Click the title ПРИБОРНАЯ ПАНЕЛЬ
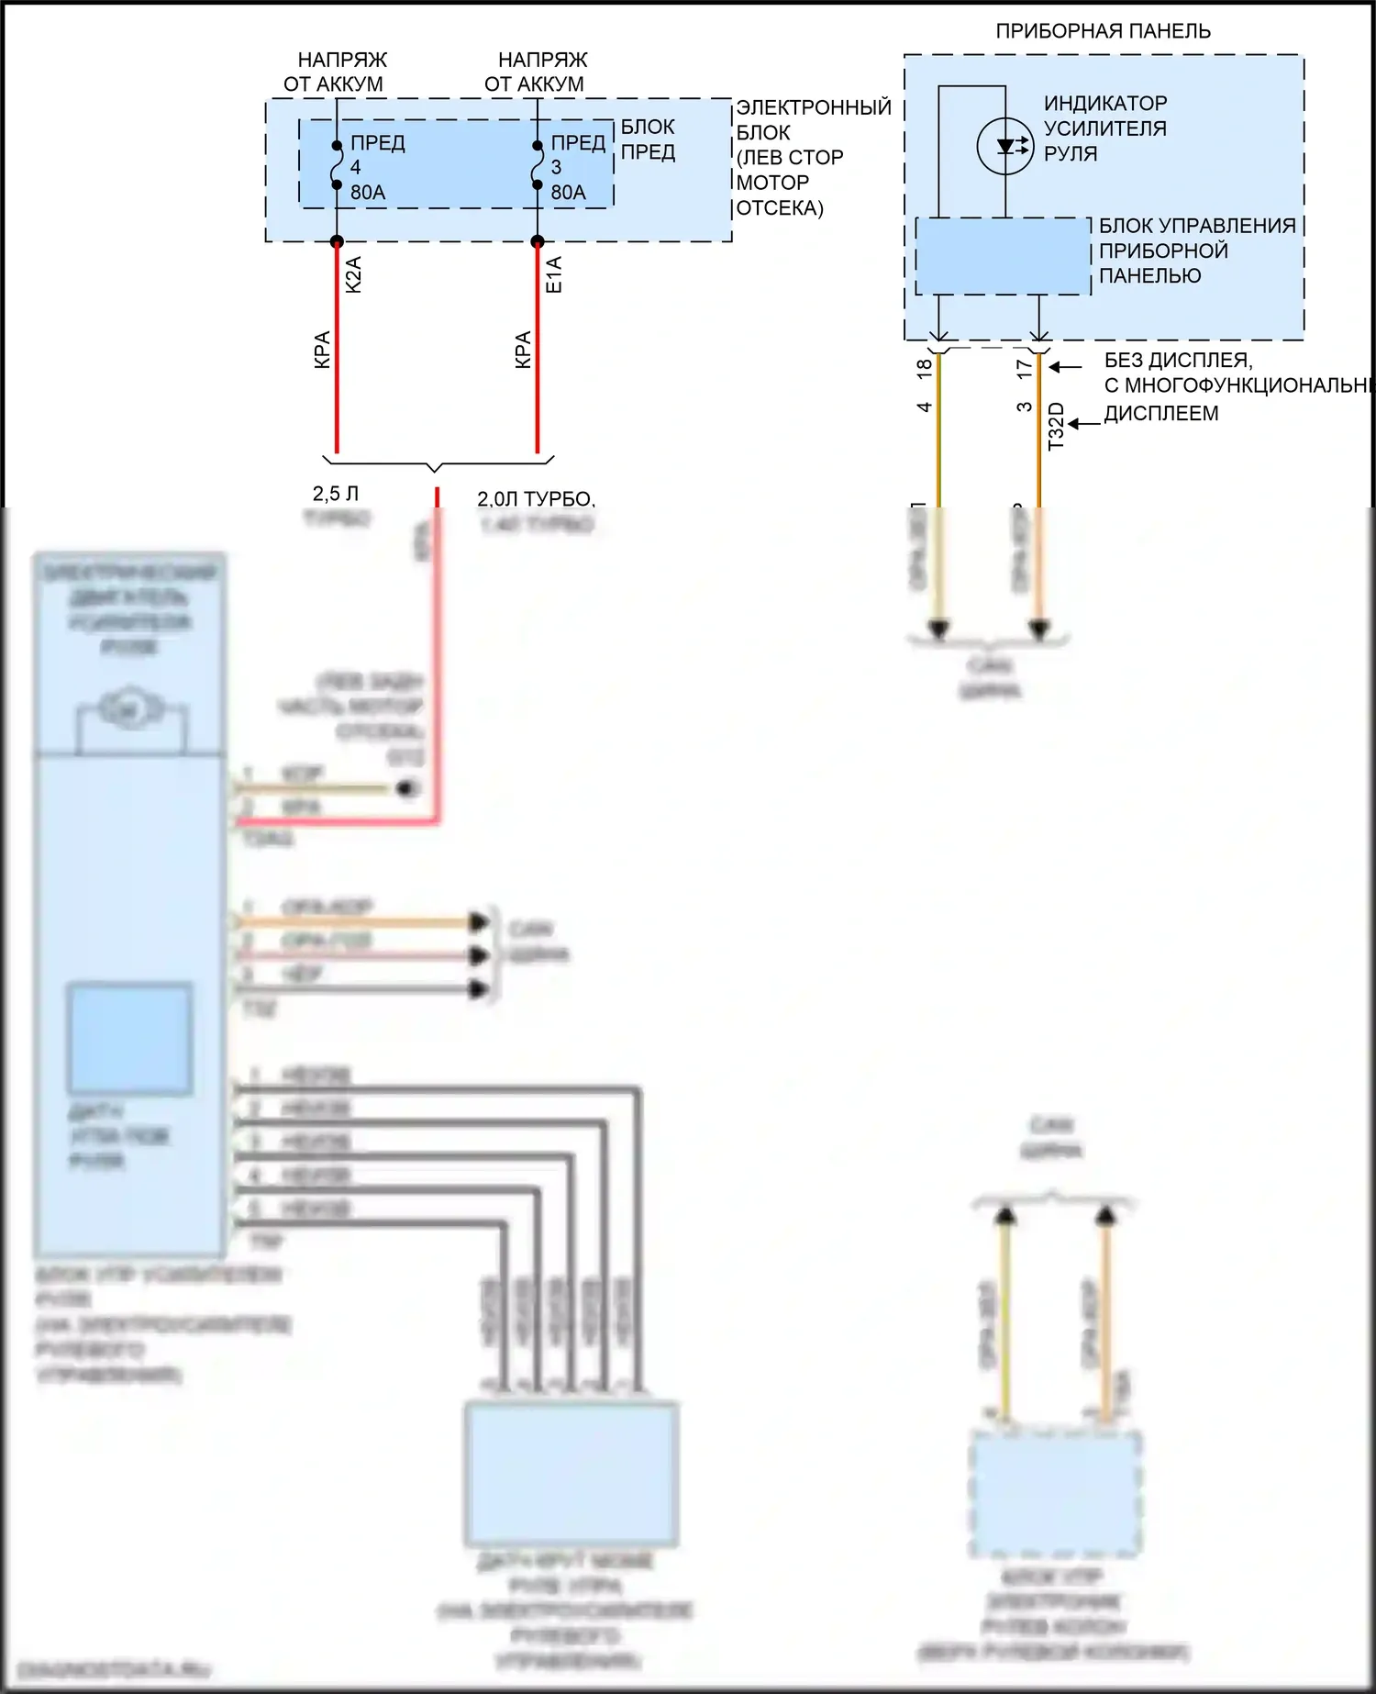1103,31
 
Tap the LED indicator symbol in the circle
1005,146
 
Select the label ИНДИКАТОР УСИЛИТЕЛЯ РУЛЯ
1104,128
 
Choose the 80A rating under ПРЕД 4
368,193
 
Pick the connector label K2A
354,274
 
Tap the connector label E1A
554,274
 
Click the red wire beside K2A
337,367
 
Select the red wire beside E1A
538,367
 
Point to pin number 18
925,368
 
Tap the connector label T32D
1056,426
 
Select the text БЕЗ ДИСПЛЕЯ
1178,361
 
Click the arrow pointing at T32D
1084,424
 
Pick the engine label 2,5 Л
336,494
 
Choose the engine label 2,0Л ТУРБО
535,499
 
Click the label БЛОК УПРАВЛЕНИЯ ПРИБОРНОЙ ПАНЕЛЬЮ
1196,251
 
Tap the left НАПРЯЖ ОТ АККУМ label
336,72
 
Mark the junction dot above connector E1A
538,241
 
